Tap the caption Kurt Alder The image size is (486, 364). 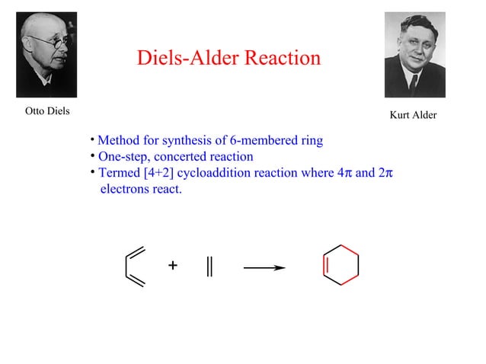(413, 116)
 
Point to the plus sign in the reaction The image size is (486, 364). (173, 266)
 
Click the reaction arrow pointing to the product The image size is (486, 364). (264, 267)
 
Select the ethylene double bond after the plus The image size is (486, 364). (209, 267)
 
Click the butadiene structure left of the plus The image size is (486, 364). (134, 267)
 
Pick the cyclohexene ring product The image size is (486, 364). (340, 266)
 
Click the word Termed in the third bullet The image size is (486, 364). (119, 173)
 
